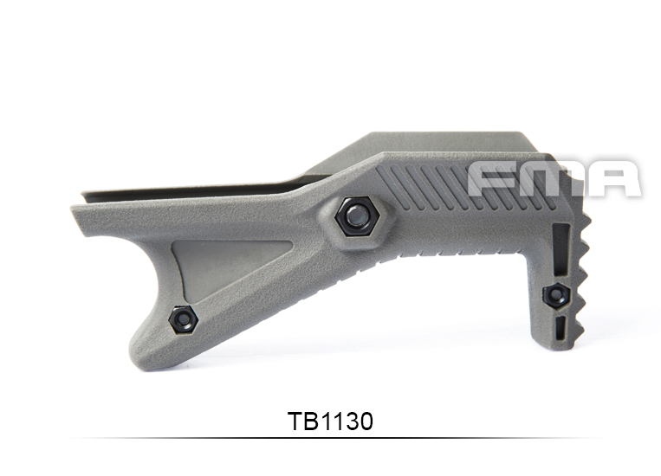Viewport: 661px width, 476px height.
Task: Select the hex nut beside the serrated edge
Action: coord(554,293)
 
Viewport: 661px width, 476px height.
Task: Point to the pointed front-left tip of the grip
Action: coord(76,208)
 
